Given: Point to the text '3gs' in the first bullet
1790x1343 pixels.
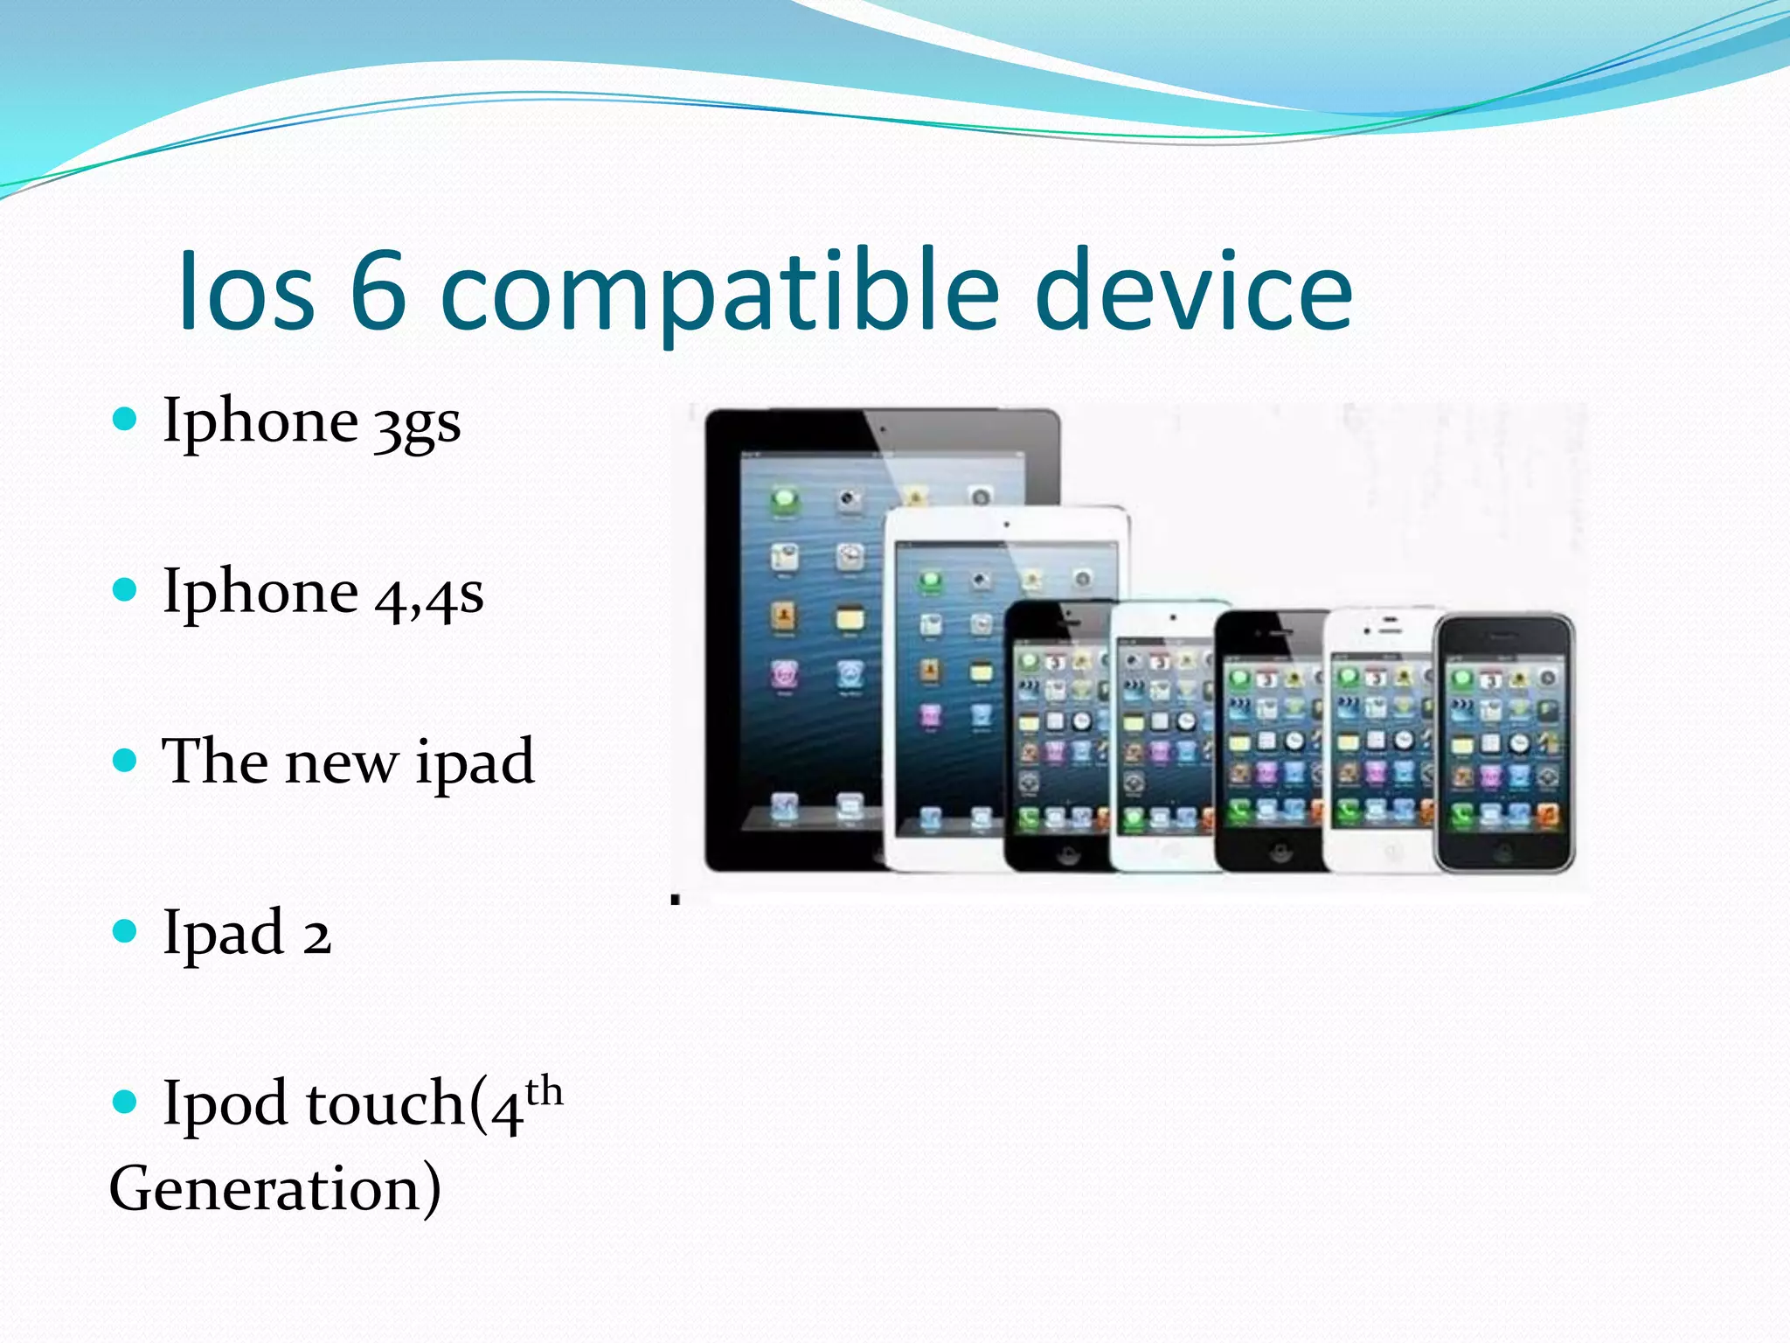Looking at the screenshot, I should point(417,425).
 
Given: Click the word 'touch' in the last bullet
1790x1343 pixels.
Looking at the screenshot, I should point(385,1103).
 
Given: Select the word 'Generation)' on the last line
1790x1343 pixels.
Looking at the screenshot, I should point(275,1189).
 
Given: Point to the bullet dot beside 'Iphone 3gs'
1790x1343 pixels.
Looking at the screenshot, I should point(126,419).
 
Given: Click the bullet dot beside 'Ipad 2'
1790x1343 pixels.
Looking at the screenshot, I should point(126,931).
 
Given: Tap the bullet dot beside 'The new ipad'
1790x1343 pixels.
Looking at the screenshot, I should point(126,761).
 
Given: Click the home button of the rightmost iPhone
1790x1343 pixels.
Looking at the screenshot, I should point(1503,850).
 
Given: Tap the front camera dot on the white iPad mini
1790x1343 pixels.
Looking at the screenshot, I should point(1007,525).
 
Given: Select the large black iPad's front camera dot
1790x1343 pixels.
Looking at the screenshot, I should point(883,429).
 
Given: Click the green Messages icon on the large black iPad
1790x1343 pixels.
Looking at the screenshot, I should point(785,500).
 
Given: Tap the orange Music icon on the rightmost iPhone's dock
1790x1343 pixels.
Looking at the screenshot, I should point(1547,816).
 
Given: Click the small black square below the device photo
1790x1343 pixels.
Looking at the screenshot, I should point(675,899).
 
